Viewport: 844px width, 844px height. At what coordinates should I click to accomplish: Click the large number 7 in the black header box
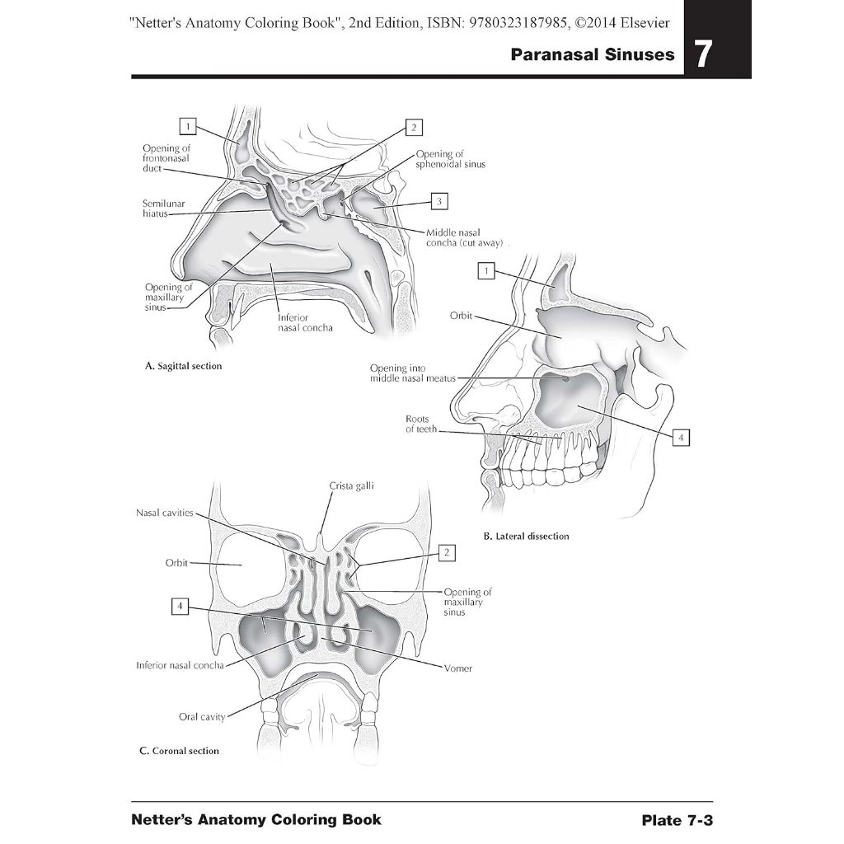702,55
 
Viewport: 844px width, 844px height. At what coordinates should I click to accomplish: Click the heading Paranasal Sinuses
592,56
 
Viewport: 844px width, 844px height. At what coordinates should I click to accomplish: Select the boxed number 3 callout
439,201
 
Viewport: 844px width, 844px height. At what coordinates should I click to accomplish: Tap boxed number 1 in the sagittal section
189,126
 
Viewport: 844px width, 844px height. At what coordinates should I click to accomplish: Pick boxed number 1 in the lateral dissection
486,270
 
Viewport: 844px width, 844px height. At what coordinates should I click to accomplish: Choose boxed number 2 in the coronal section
446,552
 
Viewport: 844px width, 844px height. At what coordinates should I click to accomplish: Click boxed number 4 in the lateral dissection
680,438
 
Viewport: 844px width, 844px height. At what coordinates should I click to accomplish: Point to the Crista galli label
351,486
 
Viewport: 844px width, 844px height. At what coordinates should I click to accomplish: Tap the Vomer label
457,668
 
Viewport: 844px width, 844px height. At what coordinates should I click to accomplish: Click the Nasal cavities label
165,513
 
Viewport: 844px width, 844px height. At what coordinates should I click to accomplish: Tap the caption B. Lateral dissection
526,537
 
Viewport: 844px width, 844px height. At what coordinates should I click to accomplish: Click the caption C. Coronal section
179,751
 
